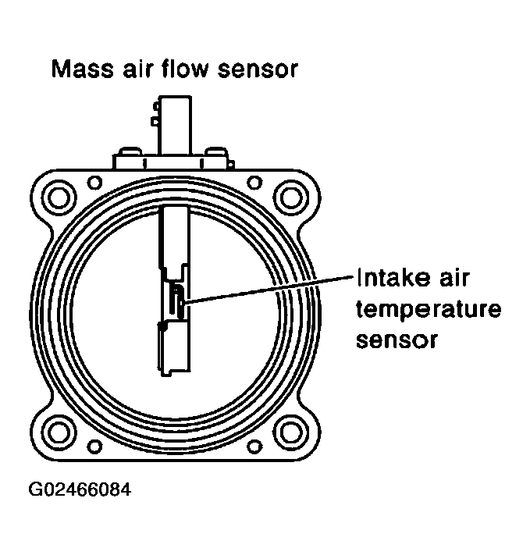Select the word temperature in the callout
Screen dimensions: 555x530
[428, 310]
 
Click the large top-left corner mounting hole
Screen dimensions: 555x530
[59, 195]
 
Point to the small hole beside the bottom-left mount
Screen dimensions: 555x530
[94, 446]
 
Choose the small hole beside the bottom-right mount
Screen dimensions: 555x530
[255, 446]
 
